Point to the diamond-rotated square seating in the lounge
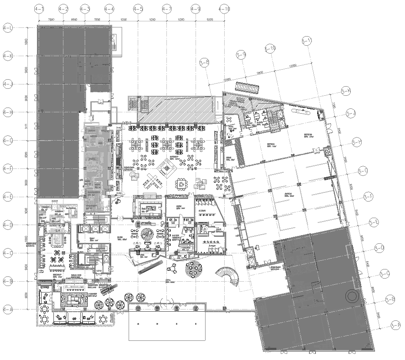click(x=180, y=187)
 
